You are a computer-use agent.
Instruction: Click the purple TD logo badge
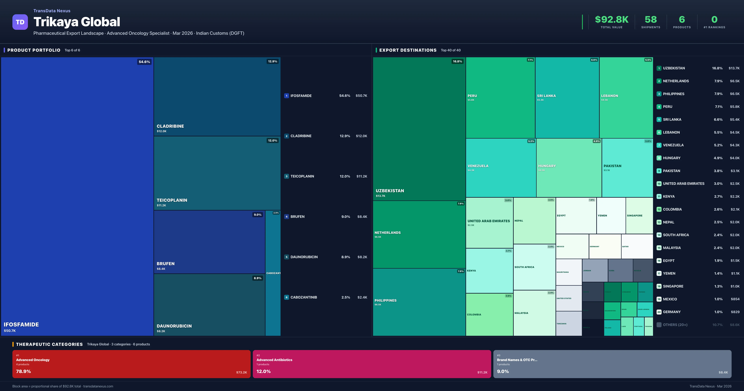pyautogui.click(x=20, y=22)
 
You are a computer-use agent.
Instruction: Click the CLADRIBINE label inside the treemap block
pyautogui.click(x=170, y=126)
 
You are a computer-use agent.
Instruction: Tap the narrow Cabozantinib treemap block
pyautogui.click(x=273, y=273)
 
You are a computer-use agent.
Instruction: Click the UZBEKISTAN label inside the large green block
pyautogui.click(x=390, y=191)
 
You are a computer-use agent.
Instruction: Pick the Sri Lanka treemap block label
pyautogui.click(x=546, y=96)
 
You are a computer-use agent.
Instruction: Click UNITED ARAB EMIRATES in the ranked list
pyautogui.click(x=683, y=184)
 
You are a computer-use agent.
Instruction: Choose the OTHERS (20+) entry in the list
pyautogui.click(x=675, y=325)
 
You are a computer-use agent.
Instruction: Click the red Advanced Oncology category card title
pyautogui.click(x=33, y=360)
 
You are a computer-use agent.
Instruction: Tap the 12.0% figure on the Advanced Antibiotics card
pyautogui.click(x=263, y=371)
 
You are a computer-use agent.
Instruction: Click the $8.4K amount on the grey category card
pyautogui.click(x=723, y=372)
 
